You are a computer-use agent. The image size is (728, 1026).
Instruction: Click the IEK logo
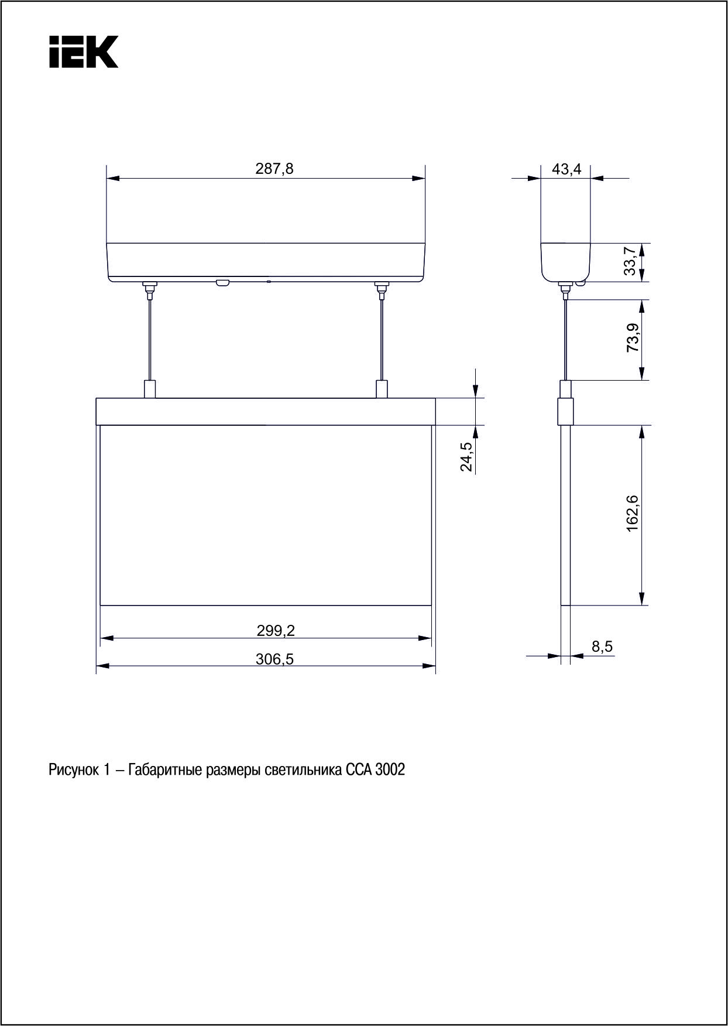click(x=84, y=52)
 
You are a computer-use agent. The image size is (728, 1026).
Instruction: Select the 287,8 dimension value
click(x=274, y=169)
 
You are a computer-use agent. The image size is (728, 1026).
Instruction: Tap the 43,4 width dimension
click(x=567, y=169)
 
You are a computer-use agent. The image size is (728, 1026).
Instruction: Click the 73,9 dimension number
click(x=633, y=338)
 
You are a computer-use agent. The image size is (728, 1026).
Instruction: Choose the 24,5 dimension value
click(x=466, y=457)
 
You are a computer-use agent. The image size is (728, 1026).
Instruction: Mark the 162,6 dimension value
click(x=633, y=514)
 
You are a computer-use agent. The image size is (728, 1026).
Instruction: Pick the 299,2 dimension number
click(x=276, y=631)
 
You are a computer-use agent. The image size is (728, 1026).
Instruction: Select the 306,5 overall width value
click(x=274, y=659)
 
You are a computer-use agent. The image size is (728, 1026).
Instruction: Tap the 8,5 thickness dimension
click(x=602, y=647)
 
